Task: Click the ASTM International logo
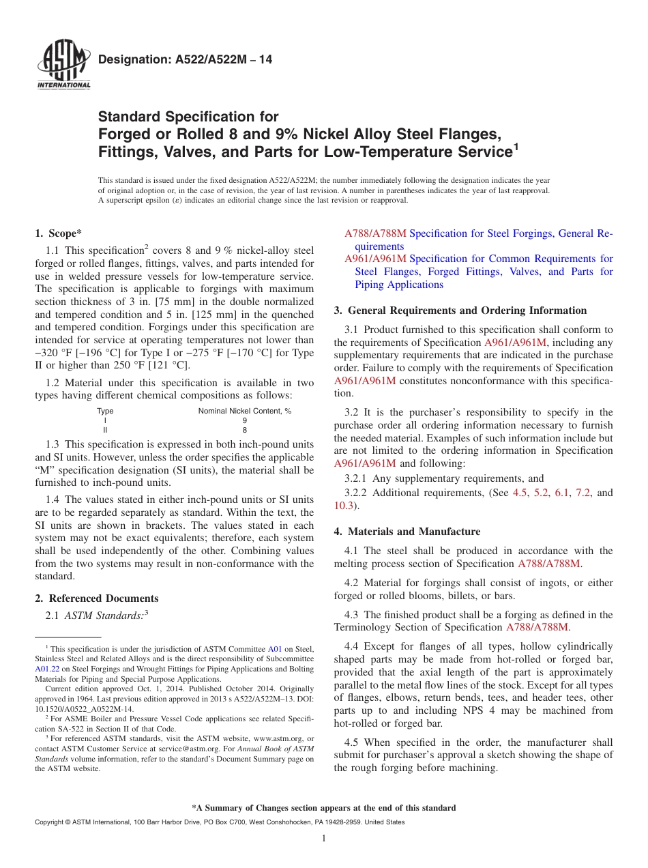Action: pos(63,66)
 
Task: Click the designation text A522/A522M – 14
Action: pos(185,60)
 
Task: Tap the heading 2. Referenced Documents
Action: pos(97,598)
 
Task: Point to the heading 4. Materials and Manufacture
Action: pos(407,532)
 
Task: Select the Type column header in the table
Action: pos(105,411)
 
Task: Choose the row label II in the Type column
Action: pos(105,431)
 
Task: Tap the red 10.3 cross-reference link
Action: pos(344,506)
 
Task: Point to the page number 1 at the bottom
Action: pos(324,839)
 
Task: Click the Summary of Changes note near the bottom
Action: pos(324,808)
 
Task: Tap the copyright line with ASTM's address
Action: pos(219,822)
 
